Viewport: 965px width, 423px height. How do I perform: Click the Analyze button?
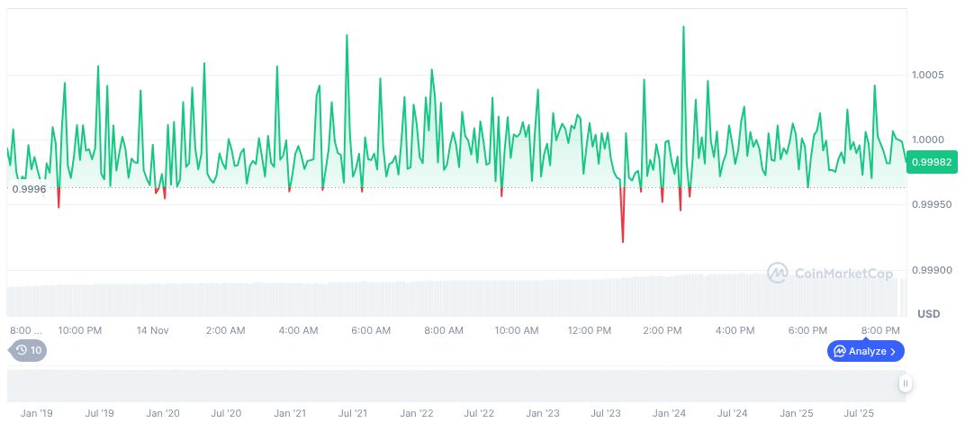865,351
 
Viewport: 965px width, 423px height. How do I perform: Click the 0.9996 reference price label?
29,189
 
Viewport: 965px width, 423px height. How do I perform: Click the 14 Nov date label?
153,330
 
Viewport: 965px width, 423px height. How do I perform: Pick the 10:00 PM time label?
80,330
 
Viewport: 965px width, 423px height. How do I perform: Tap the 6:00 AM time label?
369,330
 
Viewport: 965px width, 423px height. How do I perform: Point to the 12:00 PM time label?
590,330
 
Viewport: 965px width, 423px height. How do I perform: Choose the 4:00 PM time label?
735,330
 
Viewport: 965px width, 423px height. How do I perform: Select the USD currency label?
928,314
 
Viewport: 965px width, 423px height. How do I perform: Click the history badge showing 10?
28,351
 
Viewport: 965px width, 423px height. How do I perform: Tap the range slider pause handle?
906,384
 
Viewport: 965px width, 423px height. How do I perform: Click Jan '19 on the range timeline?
36,413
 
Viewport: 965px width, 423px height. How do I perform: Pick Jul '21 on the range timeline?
352,413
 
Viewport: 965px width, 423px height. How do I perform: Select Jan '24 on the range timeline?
669,413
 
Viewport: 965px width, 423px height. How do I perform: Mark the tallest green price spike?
683,27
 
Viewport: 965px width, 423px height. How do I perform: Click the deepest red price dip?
622,241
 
